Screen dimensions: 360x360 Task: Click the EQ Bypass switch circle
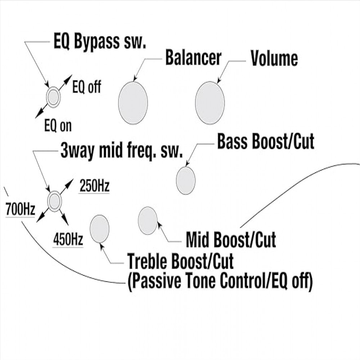53,97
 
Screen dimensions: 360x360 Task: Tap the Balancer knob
133,103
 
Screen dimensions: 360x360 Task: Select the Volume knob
210,103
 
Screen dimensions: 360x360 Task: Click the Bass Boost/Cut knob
186,180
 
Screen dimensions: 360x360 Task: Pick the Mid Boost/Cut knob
148,220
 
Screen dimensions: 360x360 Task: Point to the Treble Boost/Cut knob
99,229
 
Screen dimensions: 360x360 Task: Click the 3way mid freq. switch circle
55,201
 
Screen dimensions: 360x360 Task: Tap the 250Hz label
94,186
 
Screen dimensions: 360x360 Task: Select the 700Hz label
21,209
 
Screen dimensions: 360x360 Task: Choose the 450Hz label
68,239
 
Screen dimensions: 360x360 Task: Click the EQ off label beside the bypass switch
86,87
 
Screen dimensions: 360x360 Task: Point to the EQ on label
58,126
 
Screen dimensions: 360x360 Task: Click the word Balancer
193,58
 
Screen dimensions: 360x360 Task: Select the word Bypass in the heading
97,41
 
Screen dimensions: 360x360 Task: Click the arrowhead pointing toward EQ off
68,78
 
